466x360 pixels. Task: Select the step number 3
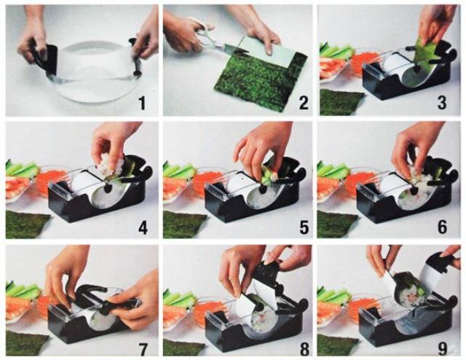(442, 103)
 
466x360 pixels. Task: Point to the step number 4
(143, 228)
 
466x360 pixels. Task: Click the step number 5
(304, 228)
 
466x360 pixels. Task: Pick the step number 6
(442, 228)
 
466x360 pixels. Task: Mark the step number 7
(143, 349)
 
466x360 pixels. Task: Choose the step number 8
(304, 349)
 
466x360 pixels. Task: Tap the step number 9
(443, 349)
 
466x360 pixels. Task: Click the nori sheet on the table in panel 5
(183, 224)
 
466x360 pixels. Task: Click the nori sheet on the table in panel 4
(27, 224)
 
